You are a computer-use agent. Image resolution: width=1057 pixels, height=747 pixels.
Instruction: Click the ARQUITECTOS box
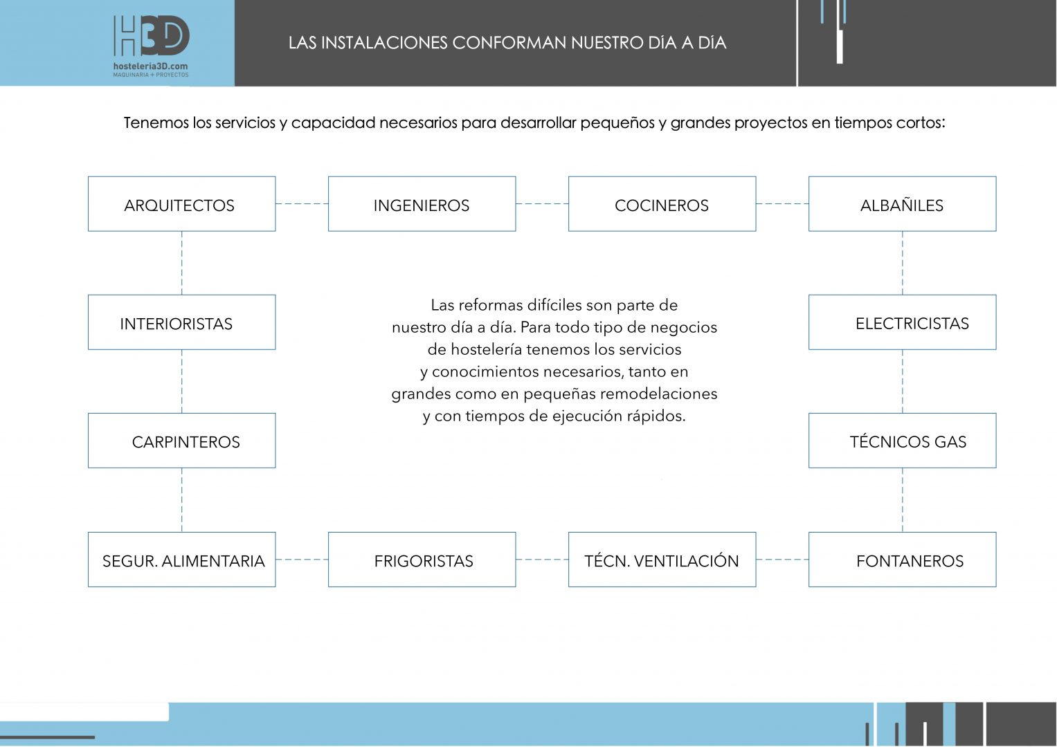181,204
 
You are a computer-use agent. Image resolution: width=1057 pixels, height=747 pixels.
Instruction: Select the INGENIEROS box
422,204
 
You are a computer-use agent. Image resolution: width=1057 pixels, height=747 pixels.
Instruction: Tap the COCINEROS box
662,204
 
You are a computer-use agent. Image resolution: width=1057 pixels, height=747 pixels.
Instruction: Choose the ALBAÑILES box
902,204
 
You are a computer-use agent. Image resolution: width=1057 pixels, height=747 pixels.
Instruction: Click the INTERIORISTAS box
181,322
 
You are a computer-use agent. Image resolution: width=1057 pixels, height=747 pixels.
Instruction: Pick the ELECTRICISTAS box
902,322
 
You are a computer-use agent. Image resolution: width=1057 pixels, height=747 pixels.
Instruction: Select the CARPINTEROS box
181,441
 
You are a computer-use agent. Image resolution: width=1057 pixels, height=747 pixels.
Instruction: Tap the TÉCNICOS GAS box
902,441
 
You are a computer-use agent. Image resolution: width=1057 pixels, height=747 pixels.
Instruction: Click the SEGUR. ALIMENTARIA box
181,560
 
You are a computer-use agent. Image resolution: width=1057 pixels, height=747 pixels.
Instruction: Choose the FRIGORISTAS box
422,560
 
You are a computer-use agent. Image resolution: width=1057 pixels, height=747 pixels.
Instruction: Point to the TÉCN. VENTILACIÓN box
662,560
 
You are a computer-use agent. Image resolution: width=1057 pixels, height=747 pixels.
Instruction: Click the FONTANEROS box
902,560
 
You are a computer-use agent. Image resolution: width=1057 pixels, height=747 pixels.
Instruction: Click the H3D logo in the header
151,36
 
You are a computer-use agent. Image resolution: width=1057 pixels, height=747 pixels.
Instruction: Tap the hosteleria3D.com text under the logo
150,66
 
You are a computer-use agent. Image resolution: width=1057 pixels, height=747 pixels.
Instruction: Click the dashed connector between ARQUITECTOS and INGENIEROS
302,204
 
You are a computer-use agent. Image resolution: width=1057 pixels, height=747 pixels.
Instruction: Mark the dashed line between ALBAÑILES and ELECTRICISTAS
903,263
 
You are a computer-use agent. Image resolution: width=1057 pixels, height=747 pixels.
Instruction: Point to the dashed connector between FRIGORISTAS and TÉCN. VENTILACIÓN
542,560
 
